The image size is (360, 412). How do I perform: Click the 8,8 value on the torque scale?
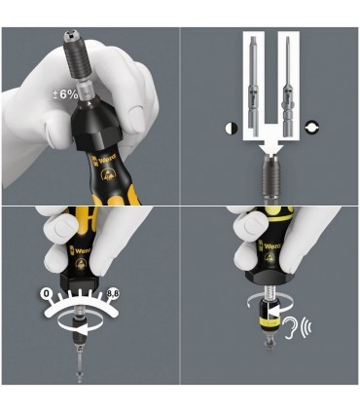coord(138,293)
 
